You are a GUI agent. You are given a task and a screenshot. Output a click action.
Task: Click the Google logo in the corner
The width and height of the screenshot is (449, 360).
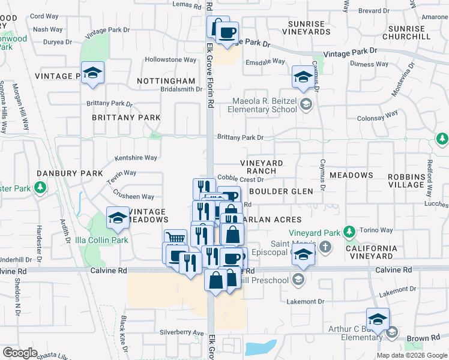20,353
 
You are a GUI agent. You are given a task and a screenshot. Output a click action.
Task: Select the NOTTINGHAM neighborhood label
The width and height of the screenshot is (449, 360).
166,80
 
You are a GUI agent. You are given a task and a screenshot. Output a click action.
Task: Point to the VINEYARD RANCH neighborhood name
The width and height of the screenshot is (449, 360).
262,167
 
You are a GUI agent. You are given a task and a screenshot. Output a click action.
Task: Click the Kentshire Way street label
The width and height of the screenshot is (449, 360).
136,158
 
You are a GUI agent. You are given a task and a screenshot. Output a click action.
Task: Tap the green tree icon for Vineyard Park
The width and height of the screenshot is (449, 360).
349,232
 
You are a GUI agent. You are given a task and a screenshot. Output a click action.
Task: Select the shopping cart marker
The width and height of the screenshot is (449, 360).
175,238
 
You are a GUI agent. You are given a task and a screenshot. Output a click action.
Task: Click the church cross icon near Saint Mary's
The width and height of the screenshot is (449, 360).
325,247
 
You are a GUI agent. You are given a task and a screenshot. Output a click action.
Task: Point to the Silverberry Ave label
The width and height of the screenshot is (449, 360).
182,332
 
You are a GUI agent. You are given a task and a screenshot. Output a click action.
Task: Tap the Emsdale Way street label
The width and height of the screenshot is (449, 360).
265,61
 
